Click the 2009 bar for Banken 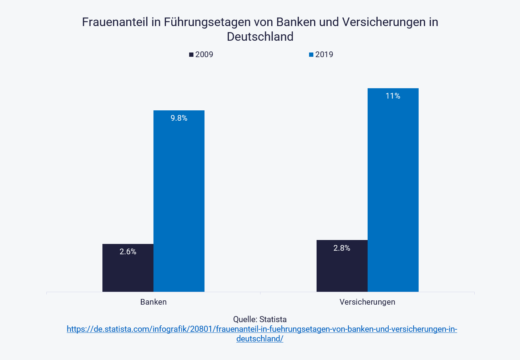[x=128, y=271]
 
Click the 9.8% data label [x=179, y=118]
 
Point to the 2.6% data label [x=128, y=252]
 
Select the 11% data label [x=393, y=96]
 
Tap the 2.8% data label [x=342, y=248]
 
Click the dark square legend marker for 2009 [x=191, y=55]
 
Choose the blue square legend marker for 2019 [x=311, y=55]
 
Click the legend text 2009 [x=204, y=55]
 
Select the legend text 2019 [x=324, y=55]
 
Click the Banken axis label [x=153, y=302]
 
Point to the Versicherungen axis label [x=367, y=302]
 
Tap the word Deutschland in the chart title [x=260, y=37]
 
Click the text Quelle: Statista [x=260, y=319]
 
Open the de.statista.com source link [x=262, y=329]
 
